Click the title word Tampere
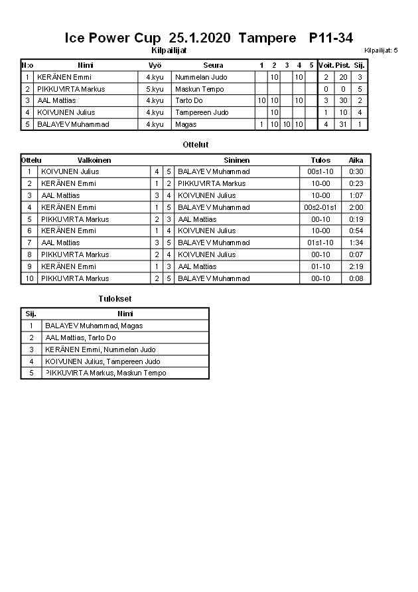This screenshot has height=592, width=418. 267,39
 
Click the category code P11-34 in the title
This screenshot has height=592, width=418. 331,39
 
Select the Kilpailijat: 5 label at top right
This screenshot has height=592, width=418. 381,50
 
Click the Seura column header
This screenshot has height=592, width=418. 213,65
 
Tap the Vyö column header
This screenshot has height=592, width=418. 155,65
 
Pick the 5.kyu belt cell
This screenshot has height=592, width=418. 155,89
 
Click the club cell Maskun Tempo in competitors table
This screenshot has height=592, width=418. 200,89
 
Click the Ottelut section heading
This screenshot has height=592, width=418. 196,144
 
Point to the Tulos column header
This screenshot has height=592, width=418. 320,160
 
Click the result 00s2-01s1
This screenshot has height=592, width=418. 320,207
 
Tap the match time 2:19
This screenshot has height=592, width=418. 356,266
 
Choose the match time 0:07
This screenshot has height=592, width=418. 356,254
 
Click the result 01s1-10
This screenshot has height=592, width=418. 320,243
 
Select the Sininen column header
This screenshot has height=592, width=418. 237,160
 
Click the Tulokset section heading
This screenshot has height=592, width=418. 115,299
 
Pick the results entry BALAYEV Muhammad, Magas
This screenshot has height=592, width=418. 94,326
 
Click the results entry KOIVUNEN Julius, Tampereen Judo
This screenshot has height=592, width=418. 103,361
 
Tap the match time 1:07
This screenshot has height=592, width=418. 356,195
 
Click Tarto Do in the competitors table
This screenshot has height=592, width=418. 189,100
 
